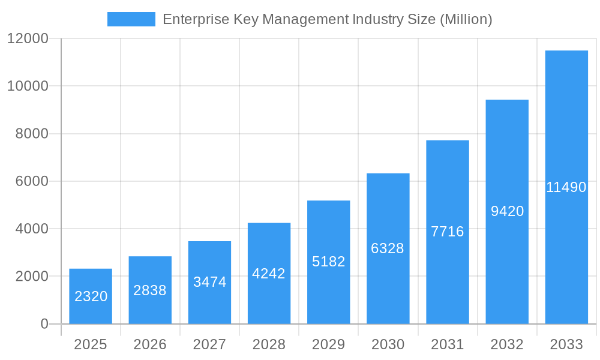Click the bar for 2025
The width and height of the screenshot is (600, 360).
click(91, 296)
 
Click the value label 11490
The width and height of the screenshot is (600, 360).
click(566, 187)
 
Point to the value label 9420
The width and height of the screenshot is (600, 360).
click(507, 211)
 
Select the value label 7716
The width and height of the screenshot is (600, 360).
click(448, 232)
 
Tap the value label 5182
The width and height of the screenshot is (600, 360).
click(329, 262)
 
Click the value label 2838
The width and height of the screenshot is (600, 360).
click(150, 290)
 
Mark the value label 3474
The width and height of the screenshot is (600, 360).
click(209, 282)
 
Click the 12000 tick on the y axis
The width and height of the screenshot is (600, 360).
click(27, 38)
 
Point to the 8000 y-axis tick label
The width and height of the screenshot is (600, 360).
click(31, 134)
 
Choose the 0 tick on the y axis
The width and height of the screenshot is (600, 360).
click(44, 324)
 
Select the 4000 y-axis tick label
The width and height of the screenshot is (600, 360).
click(31, 229)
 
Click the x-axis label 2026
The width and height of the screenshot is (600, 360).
click(150, 344)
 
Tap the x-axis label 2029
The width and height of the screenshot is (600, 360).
click(329, 344)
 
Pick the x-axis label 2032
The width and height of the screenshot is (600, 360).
click(507, 344)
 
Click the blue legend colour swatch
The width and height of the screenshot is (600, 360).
click(131, 19)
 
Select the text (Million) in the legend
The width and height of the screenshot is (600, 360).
click(466, 19)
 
